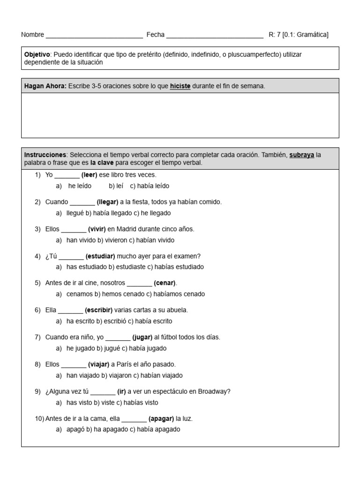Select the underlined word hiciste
pyautogui.click(x=180, y=86)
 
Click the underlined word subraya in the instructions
pyautogui.click(x=301, y=155)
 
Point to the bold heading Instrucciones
pyautogui.click(x=45, y=155)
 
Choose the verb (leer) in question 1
pyautogui.click(x=89, y=175)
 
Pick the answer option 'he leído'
pyautogui.click(x=79, y=186)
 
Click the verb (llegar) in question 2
pyautogui.click(x=107, y=202)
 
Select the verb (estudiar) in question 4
pyautogui.click(x=100, y=256)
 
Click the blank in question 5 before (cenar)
pyautogui.click(x=139, y=284)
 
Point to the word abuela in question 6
pyautogui.click(x=178, y=310)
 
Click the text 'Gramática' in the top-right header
pyautogui.click(x=313, y=35)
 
